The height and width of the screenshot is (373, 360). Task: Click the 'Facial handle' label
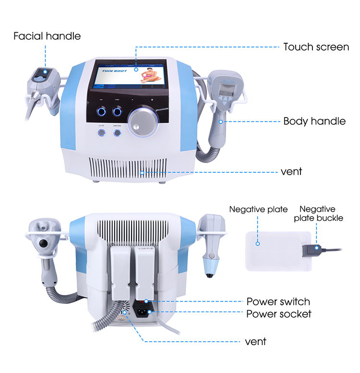click(x=47, y=36)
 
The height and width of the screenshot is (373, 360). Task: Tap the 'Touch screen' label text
click(x=316, y=47)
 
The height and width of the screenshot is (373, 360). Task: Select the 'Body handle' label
click(x=314, y=120)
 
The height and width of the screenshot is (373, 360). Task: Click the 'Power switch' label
click(x=278, y=301)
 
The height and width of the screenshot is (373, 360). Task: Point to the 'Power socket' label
click(x=279, y=314)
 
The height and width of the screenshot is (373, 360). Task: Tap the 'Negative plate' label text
click(x=258, y=209)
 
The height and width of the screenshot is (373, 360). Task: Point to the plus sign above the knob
click(x=152, y=100)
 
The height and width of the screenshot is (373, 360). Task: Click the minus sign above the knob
click(x=133, y=100)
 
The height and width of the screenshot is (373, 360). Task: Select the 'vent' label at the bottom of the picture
click(x=255, y=341)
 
